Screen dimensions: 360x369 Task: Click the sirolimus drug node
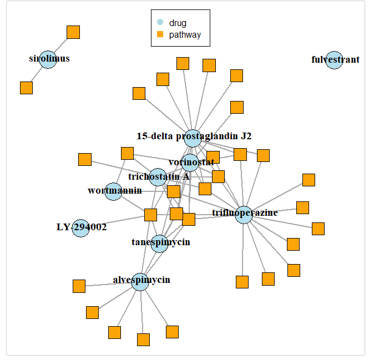(x=48, y=59)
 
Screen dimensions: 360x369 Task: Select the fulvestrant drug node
(x=334, y=60)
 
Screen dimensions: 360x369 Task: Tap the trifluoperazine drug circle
(x=244, y=215)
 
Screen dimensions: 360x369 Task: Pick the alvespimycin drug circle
(x=140, y=282)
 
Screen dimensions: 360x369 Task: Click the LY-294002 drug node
(x=81, y=227)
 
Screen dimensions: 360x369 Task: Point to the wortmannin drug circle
(x=113, y=191)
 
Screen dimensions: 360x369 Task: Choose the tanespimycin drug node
(x=159, y=243)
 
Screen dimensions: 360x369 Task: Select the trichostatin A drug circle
(x=158, y=177)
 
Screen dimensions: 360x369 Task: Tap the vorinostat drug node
(x=190, y=163)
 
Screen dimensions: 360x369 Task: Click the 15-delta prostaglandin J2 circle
(x=193, y=138)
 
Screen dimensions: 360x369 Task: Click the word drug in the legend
(x=178, y=23)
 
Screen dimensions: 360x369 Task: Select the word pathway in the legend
(x=185, y=35)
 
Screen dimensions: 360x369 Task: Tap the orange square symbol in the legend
(x=160, y=35)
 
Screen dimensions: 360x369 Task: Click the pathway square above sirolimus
(x=73, y=32)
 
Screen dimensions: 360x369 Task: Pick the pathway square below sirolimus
(x=26, y=88)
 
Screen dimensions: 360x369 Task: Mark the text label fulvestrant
(x=336, y=60)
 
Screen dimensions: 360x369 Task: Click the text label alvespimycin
(x=141, y=280)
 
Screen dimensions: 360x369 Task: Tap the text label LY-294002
(x=82, y=227)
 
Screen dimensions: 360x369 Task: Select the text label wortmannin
(x=115, y=191)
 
